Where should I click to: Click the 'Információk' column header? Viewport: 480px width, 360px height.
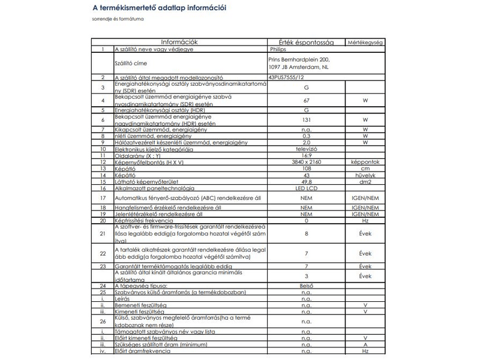(x=181, y=43)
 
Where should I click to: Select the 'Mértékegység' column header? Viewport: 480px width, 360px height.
(x=365, y=43)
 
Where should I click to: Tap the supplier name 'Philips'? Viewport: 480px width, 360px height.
(x=278, y=49)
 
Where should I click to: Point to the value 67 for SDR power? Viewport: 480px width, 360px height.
(x=306, y=100)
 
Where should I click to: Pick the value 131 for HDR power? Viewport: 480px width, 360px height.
(x=306, y=119)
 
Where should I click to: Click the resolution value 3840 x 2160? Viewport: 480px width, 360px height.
(x=306, y=162)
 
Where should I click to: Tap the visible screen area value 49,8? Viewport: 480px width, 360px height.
(x=306, y=182)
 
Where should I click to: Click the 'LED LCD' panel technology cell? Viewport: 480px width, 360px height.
(x=306, y=188)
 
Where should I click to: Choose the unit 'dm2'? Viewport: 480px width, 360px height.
(x=365, y=182)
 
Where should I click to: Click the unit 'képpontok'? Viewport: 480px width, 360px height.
(x=365, y=162)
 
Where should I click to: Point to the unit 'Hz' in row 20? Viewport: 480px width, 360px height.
(x=365, y=220)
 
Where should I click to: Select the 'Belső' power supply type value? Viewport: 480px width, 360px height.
(x=306, y=286)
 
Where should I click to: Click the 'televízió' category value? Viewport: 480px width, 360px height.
(x=306, y=149)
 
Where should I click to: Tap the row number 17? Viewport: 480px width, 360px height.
(x=103, y=197)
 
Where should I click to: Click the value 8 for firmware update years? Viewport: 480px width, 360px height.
(x=306, y=233)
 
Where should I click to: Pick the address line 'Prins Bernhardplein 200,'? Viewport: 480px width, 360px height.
(x=299, y=60)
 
